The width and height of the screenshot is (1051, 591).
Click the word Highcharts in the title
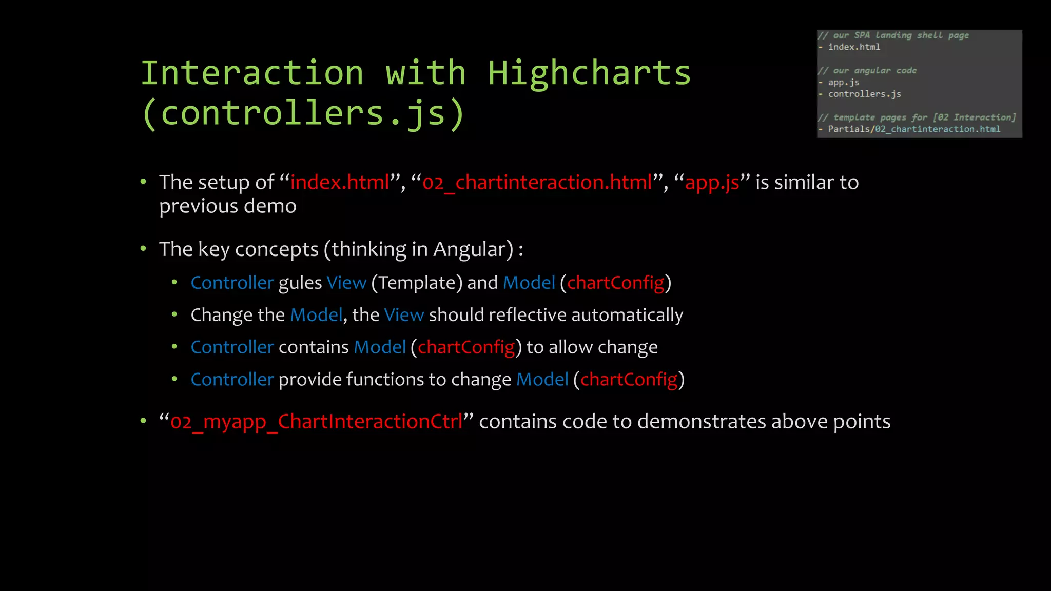pos(589,73)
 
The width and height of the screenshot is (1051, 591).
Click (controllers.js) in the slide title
pos(303,113)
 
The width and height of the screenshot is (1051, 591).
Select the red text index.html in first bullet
pos(340,183)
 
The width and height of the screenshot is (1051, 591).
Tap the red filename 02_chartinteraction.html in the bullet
pos(537,183)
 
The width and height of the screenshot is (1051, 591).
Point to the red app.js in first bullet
pos(712,183)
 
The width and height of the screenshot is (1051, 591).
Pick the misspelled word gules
pos(300,283)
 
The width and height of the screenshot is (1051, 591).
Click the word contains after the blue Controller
pos(314,347)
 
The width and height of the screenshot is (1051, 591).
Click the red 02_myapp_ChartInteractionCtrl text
pos(316,422)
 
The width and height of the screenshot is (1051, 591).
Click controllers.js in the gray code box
pos(864,94)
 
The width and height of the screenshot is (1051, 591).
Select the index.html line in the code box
pos(854,47)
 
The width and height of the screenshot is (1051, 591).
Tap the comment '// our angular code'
pos(867,70)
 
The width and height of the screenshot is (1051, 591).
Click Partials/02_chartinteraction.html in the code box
pos(913,129)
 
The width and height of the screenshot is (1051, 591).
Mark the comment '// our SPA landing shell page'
pos(893,35)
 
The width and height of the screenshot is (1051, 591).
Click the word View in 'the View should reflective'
pos(404,315)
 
